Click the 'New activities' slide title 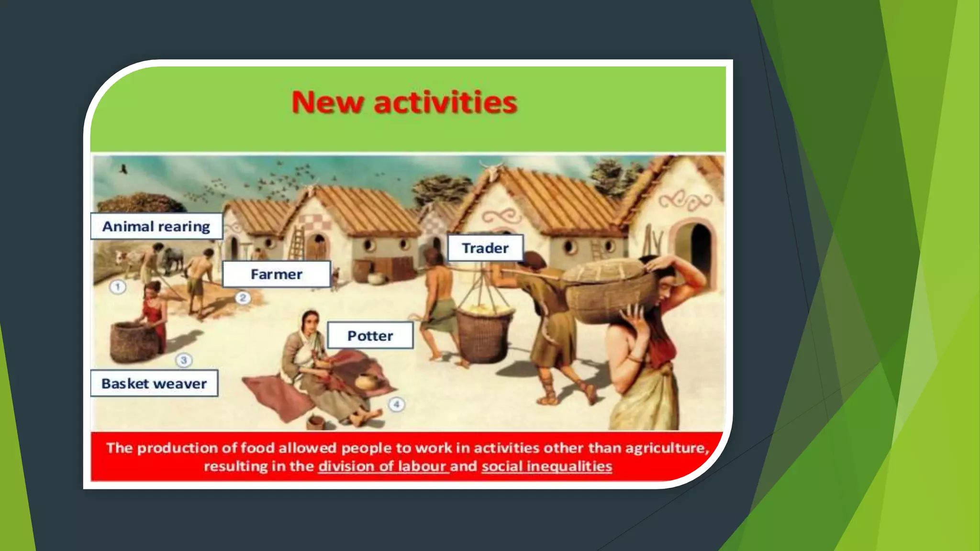coord(404,102)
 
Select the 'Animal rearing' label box coord(156,226)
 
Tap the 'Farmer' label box coord(276,274)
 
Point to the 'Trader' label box coord(485,248)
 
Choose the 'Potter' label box coord(370,336)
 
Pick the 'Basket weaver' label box coord(154,384)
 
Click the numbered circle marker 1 coord(118,287)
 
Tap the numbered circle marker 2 coord(243,298)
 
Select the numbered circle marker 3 coord(184,360)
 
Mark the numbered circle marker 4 coord(396,405)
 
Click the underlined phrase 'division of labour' coord(383,466)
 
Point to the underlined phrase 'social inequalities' coord(546,466)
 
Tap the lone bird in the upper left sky coord(123,169)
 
